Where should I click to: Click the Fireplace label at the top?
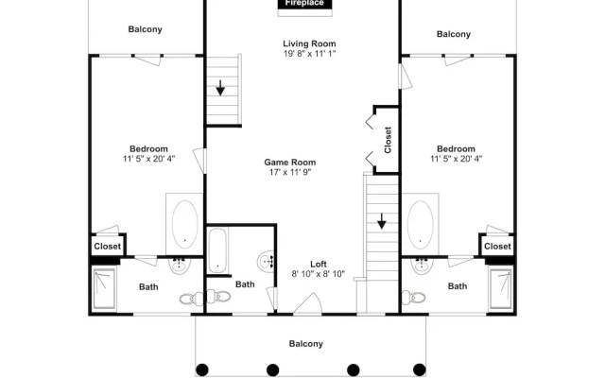point(304,4)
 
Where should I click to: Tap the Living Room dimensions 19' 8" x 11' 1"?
point(309,54)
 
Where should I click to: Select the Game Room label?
point(290,162)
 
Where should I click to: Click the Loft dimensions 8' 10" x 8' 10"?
point(319,274)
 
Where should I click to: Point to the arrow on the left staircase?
point(220,88)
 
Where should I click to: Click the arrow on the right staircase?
point(382,221)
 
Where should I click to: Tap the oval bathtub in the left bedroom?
point(185,224)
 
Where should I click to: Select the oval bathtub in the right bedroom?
point(420,225)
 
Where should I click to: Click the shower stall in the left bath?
point(104,288)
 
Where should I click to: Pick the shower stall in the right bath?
point(501,288)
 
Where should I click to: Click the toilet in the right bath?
point(414,298)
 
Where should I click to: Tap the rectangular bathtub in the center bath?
point(217,250)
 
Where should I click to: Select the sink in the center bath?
point(266,261)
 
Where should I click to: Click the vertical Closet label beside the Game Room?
point(388,140)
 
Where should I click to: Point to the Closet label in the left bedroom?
point(107,246)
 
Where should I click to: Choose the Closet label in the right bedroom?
point(497,246)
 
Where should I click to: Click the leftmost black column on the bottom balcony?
point(202,369)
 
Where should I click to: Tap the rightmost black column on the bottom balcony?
point(420,369)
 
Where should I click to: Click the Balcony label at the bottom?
point(306,344)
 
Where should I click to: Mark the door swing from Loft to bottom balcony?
point(309,303)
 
